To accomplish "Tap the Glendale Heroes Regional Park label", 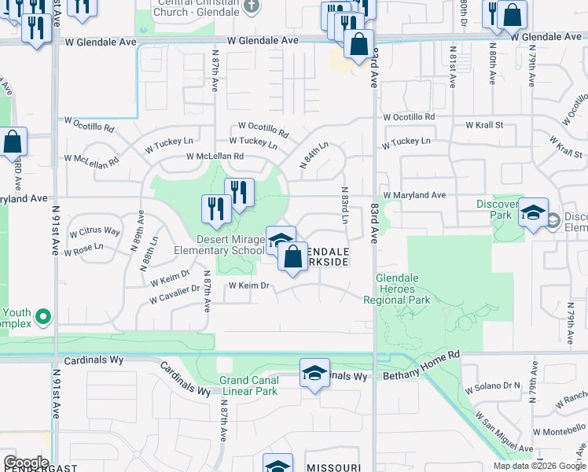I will click(x=397, y=289).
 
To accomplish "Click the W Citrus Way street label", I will click(x=95, y=232).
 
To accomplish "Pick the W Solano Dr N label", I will click(x=493, y=387).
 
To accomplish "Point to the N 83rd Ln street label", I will click(x=344, y=204).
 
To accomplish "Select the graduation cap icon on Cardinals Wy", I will click(x=314, y=372).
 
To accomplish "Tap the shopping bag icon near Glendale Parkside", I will click(x=292, y=256).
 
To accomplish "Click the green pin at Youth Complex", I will click(x=43, y=318).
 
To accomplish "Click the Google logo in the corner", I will click(x=26, y=463).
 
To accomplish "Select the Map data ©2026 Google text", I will click(x=539, y=466).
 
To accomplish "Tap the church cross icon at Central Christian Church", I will click(x=251, y=7).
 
